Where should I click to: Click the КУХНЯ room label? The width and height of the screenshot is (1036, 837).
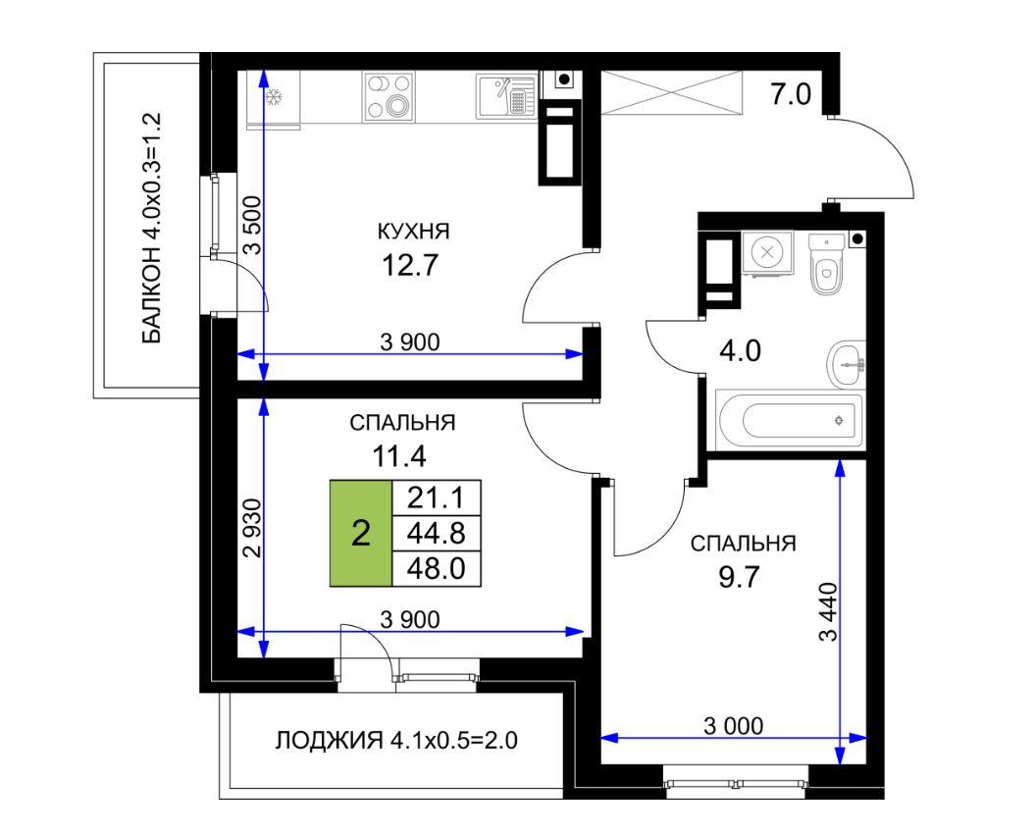pos(414,232)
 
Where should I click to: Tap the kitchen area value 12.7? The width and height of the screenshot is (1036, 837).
pos(410,266)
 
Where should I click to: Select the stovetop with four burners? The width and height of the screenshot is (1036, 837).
pos(389,97)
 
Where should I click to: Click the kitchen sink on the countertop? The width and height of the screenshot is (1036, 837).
pos(505,97)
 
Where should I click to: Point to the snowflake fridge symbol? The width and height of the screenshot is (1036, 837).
pos(274,98)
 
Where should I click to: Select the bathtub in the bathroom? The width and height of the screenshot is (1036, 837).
pos(790,419)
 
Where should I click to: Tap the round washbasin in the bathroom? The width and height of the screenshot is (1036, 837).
pos(846,365)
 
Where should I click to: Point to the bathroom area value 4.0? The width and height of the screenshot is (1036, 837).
pos(740,350)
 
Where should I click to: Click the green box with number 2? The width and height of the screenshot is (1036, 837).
pos(361,533)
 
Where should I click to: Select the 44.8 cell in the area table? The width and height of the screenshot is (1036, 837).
pos(436,533)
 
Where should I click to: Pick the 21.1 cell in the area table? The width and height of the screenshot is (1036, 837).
pos(436,497)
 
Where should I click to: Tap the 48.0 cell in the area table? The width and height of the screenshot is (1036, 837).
pos(436,568)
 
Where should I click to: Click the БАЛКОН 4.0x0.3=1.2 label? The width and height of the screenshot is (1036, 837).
pos(151,228)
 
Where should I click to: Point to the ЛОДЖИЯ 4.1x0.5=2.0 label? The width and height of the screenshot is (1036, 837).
pos(396,741)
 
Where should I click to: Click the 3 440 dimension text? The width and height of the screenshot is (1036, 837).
pos(828,611)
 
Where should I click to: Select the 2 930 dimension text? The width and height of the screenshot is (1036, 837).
pos(253,527)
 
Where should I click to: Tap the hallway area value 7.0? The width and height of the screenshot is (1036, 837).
pos(791,95)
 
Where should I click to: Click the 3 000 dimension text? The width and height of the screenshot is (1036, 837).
pos(733,726)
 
